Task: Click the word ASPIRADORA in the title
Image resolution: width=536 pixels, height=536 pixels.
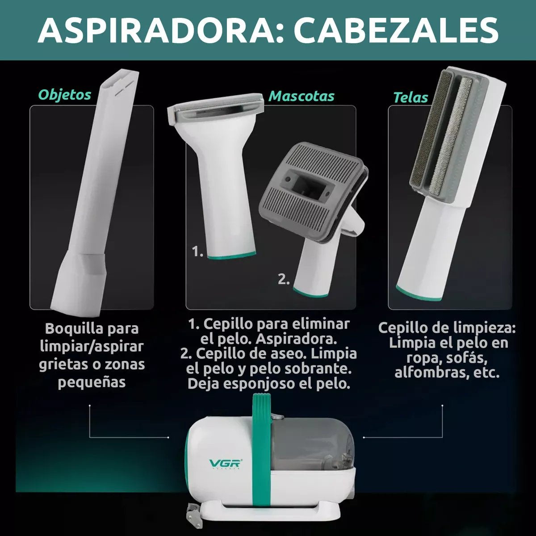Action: click(x=157, y=30)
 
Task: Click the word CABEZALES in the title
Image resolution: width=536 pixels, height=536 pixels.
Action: click(x=396, y=30)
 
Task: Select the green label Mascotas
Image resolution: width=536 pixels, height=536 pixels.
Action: click(x=301, y=96)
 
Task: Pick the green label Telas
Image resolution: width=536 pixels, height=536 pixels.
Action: click(x=410, y=97)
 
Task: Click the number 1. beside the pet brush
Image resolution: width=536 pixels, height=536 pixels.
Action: click(x=197, y=251)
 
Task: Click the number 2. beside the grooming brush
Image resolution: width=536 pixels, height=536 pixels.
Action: click(x=284, y=279)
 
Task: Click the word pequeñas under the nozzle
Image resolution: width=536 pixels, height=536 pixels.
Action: click(x=92, y=383)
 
